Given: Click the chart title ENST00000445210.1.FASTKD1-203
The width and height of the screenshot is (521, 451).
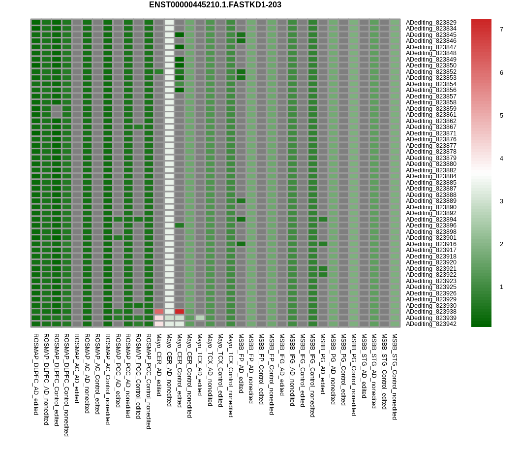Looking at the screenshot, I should pos(215,5).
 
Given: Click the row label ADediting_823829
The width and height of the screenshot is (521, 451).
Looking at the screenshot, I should pos(431,23).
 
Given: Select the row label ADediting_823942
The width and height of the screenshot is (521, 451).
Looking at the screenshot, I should pos(431,324).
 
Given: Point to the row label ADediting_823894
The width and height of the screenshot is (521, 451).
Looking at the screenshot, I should pos(431,220).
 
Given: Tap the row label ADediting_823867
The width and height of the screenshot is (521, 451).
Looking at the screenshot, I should pos(431,127).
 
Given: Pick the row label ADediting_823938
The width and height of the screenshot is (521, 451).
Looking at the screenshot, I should pos(431,312).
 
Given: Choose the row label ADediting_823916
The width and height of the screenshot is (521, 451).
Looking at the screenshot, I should pos(431,244).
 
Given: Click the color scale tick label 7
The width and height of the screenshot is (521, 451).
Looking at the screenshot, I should pos(501,30).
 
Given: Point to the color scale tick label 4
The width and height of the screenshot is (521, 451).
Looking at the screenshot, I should pos(501,159).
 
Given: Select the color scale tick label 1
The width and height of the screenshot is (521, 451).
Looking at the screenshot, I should pos(501,287).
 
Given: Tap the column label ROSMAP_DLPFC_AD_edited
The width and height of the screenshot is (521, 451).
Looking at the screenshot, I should pos(36,374).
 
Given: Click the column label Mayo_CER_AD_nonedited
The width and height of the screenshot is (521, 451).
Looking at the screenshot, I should pos(169,370).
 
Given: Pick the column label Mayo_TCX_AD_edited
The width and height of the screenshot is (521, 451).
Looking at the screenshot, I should pos(200,364).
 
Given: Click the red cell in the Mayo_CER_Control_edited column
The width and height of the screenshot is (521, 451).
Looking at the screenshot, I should pos(180,312).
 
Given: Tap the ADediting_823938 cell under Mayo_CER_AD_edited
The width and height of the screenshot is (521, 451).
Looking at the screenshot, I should pos(159,312).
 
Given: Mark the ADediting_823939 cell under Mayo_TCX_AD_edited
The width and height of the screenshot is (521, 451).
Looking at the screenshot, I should pos(200,318).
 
